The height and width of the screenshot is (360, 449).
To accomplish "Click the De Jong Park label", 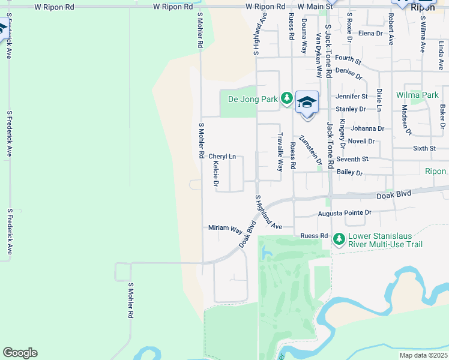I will pyautogui.click(x=253, y=99).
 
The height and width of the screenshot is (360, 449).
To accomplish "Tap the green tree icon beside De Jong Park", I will pyautogui.click(x=287, y=98).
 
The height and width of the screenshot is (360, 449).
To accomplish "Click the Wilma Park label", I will pyautogui.click(x=417, y=95).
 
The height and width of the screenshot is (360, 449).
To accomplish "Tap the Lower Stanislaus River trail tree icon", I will pyautogui.click(x=339, y=239).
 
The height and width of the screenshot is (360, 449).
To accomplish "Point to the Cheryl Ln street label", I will pyautogui.click(x=222, y=157).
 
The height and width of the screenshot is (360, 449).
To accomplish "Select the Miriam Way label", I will pyautogui.click(x=224, y=229).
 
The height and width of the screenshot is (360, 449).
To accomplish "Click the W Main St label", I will pyautogui.click(x=316, y=6).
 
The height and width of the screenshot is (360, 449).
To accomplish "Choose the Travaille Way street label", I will pyautogui.click(x=280, y=152).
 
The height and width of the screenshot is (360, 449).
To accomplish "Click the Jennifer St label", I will pyautogui.click(x=352, y=96).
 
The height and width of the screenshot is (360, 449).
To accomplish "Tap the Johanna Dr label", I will pyautogui.click(x=368, y=128).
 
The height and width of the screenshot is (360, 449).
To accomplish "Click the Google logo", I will pyautogui.click(x=20, y=353).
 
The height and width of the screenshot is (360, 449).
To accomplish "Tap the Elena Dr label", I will pyautogui.click(x=370, y=33).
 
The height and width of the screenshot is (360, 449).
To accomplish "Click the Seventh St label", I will pyautogui.click(x=352, y=159).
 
